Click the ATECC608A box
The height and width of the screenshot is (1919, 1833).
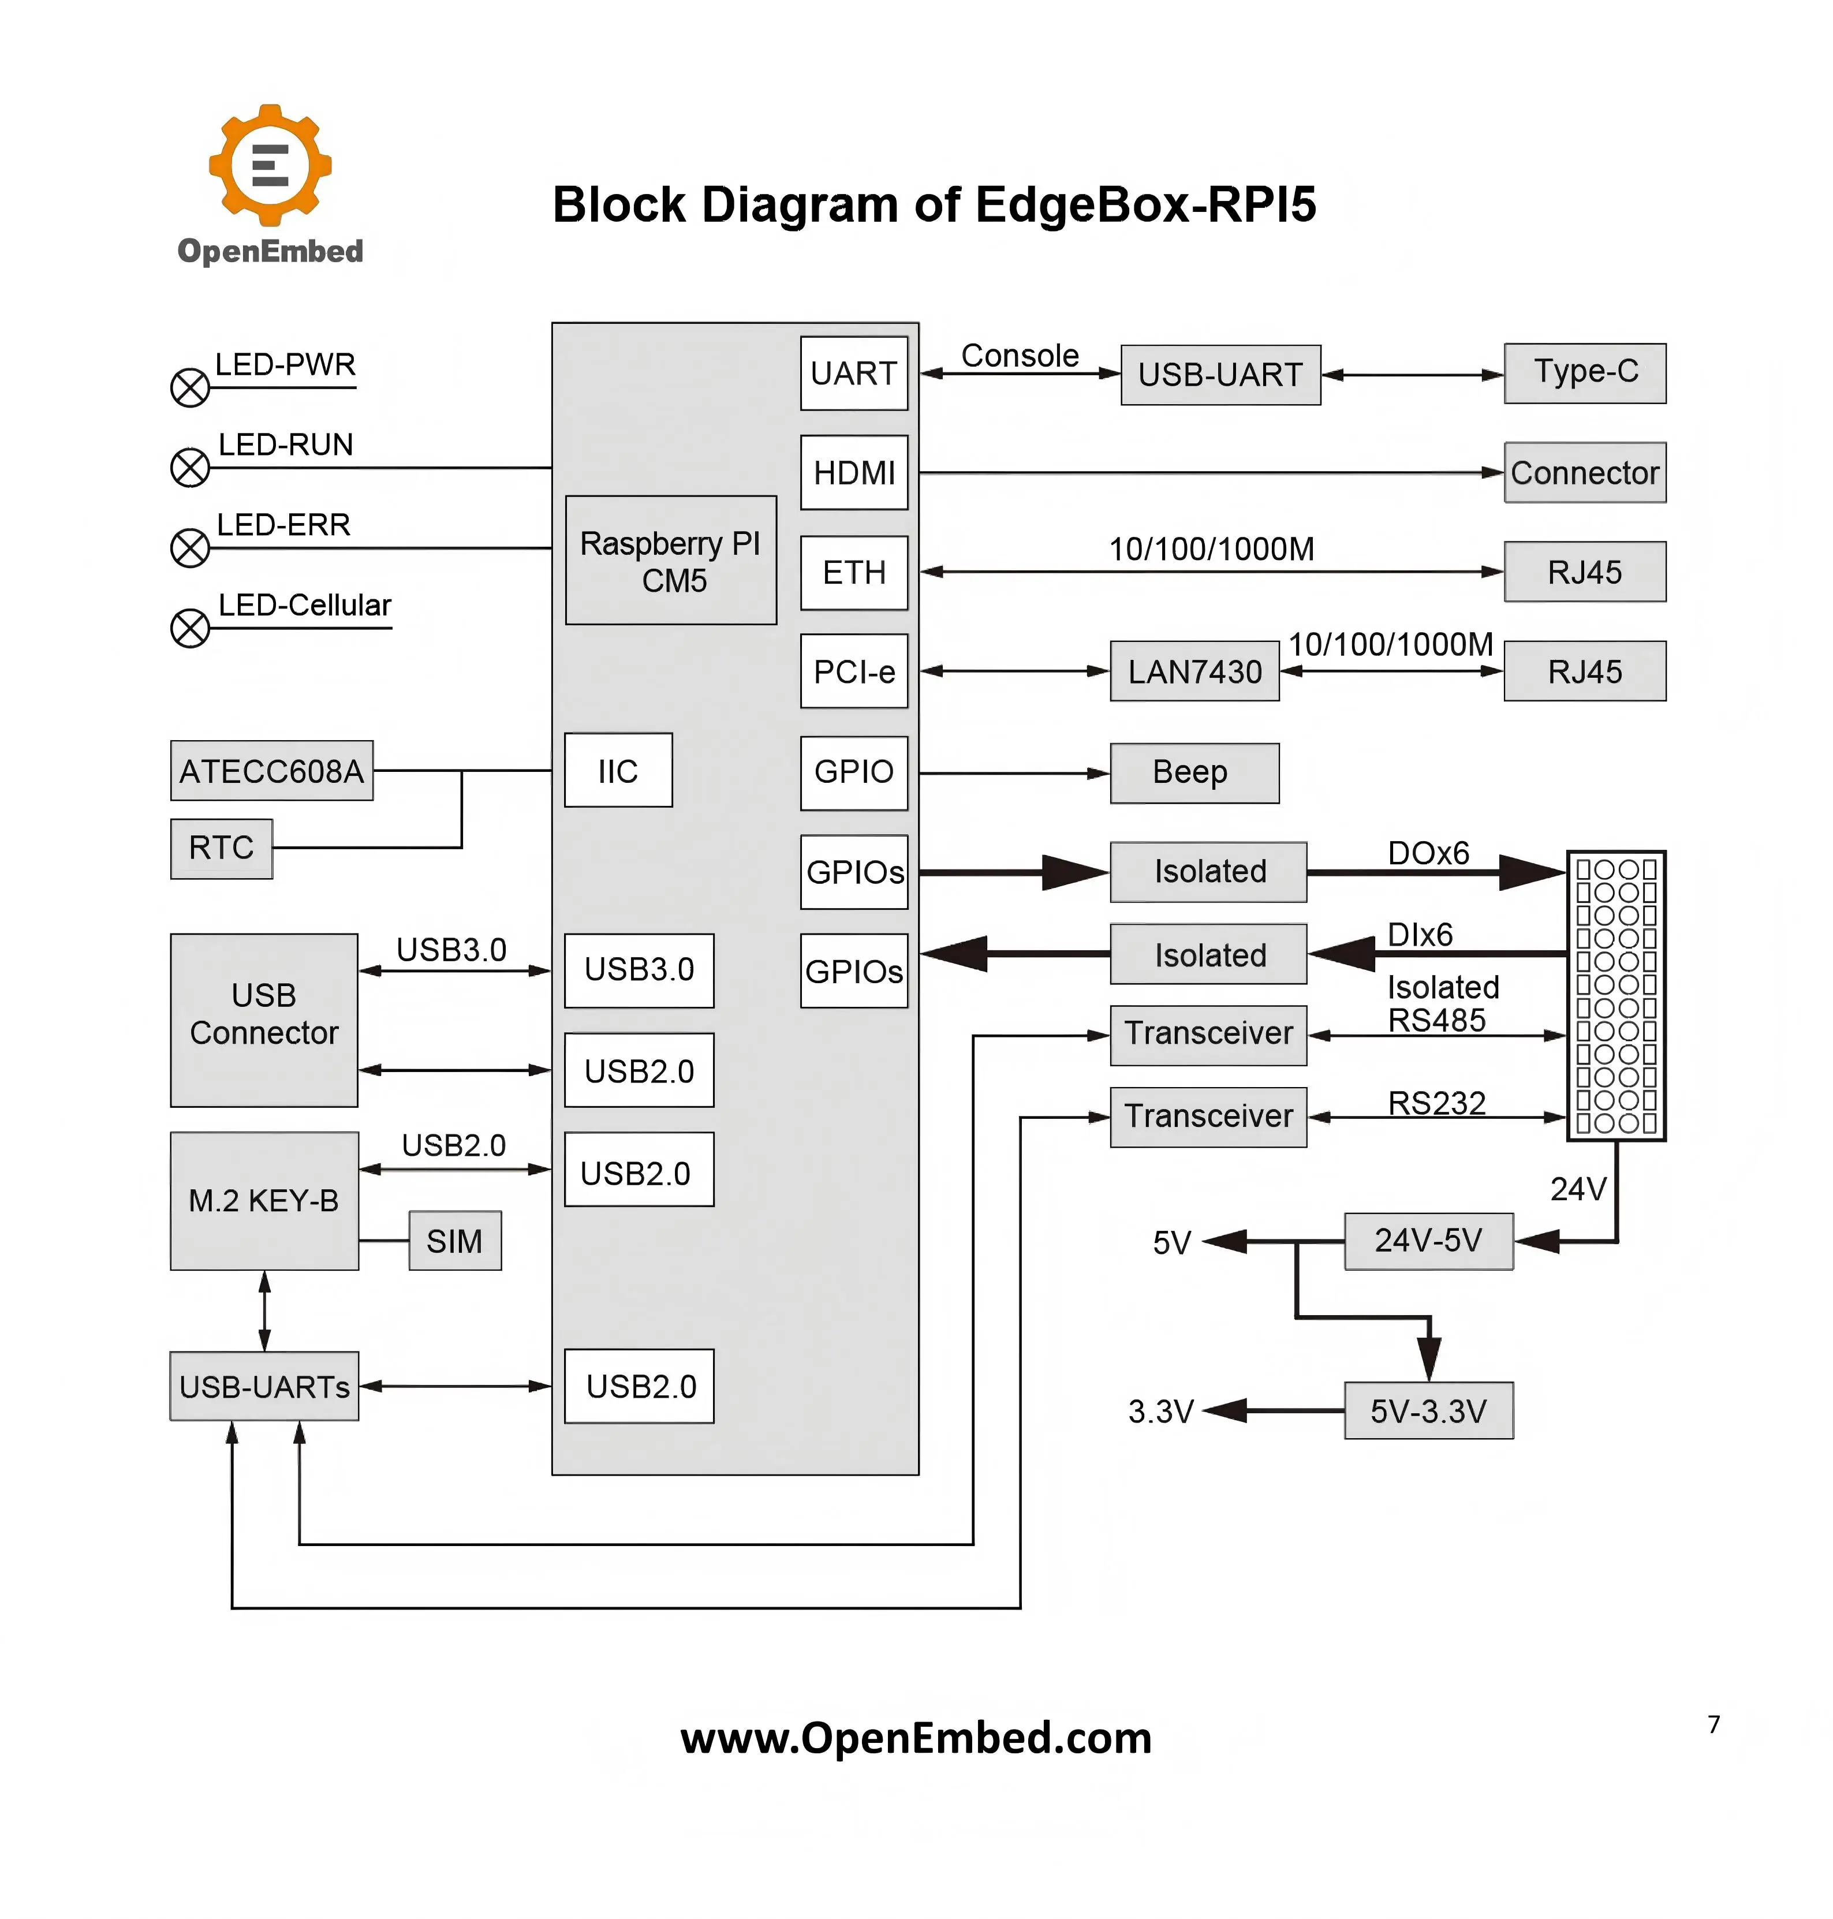tap(271, 771)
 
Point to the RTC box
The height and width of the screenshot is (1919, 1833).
tap(222, 848)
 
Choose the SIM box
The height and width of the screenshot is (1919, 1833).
tap(456, 1241)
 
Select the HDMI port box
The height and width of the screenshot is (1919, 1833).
tap(854, 473)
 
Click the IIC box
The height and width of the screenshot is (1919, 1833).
tap(618, 770)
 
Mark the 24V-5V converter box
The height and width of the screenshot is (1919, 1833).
tap(1428, 1241)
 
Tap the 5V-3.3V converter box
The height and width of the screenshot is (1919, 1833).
tap(1428, 1410)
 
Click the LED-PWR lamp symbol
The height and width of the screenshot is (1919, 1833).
tap(191, 388)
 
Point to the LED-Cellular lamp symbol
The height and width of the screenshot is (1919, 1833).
tap(191, 628)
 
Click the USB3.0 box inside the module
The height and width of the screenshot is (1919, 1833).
tap(639, 970)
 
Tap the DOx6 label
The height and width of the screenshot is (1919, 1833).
tap(1428, 853)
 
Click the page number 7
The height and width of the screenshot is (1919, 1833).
tap(1714, 1724)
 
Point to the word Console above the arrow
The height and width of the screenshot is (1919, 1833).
tap(1020, 356)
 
